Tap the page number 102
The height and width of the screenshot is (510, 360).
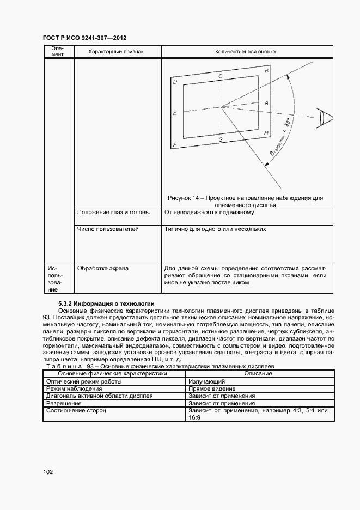(47, 472)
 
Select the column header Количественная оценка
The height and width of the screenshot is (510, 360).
(245, 52)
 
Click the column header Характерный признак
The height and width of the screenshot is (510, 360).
(116, 52)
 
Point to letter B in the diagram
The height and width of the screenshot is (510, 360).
(266, 71)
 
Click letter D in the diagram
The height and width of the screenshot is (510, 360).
(174, 82)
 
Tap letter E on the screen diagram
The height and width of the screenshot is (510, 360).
(174, 113)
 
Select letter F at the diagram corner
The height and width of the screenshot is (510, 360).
(174, 145)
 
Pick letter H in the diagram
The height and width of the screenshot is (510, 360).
(266, 133)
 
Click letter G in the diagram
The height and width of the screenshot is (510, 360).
(220, 140)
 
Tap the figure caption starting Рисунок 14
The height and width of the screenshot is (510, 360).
(245, 202)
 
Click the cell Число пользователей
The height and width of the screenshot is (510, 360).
(108, 229)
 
